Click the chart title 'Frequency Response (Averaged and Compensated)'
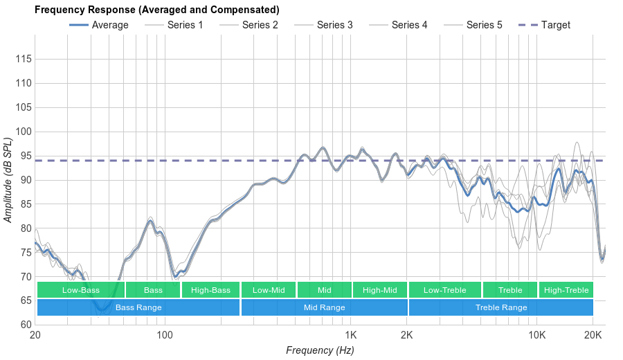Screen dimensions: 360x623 click(x=156, y=10)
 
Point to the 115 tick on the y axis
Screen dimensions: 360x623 click(x=24, y=60)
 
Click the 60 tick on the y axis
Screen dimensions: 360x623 click(x=24, y=325)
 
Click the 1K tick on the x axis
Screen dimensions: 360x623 click(x=350, y=336)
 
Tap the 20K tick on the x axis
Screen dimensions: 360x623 click(x=593, y=336)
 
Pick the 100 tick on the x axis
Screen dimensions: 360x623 click(x=165, y=336)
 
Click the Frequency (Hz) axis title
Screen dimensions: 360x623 click(x=320, y=350)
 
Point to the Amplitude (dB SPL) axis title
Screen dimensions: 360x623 click(x=8, y=180)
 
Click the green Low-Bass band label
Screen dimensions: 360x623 click(x=81, y=290)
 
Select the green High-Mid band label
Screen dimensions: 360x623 click(x=380, y=290)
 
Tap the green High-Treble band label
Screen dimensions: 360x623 click(x=566, y=290)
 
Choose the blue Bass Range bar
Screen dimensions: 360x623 click(x=138, y=307)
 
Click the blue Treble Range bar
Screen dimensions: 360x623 click(x=501, y=307)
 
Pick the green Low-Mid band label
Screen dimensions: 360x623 click(x=269, y=290)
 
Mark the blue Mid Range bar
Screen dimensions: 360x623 click(x=325, y=307)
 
